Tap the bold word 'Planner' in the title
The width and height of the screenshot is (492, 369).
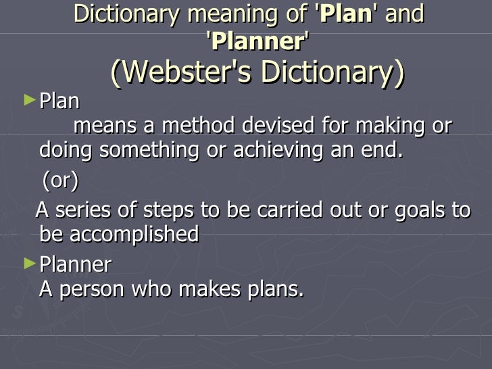pyautogui.click(x=257, y=42)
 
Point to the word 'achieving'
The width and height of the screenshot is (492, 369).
pyautogui.click(x=278, y=150)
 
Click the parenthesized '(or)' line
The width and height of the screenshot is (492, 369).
pyautogui.click(x=60, y=181)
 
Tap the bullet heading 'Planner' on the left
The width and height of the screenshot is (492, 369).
pyautogui.click(x=76, y=264)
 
